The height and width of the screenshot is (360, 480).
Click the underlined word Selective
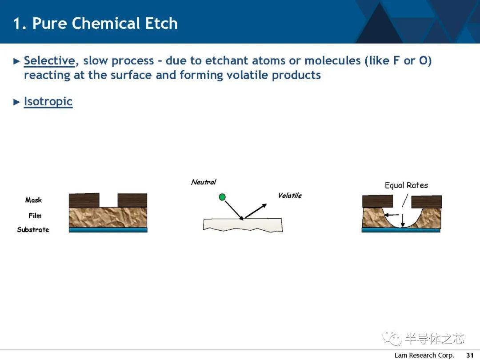click(x=49, y=60)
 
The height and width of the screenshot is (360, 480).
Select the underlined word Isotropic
click(x=48, y=102)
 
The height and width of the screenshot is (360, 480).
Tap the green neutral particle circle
click(x=223, y=197)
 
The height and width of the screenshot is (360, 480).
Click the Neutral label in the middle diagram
click(x=204, y=182)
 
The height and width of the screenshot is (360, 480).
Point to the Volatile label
click(x=290, y=196)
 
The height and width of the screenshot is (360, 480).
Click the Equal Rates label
click(x=406, y=185)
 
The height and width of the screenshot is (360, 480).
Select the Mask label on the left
click(x=33, y=200)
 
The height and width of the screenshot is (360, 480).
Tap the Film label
click(x=35, y=216)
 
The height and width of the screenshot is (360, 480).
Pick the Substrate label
click(x=33, y=230)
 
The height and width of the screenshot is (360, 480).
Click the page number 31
click(x=470, y=355)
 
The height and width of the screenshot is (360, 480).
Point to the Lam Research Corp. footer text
click(x=424, y=355)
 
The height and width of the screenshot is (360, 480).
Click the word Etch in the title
click(x=161, y=23)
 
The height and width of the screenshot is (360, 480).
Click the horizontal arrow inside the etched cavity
click(x=392, y=215)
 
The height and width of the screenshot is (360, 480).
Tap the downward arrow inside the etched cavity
click(x=403, y=220)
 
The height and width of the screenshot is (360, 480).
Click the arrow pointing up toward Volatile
click(x=256, y=211)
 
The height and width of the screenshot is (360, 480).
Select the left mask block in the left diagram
click(x=84, y=200)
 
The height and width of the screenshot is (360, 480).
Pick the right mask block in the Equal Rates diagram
click(x=426, y=202)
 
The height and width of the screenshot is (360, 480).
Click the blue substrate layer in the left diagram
click(x=108, y=230)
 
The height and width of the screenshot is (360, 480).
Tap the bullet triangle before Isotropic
click(x=16, y=102)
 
